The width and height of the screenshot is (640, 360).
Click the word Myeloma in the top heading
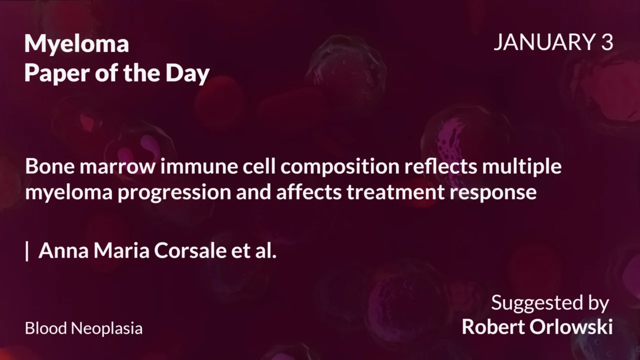pyautogui.click(x=76, y=44)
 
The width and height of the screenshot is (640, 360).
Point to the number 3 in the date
pyautogui.click(x=606, y=43)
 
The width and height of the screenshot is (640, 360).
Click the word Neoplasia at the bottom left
pyautogui.click(x=106, y=328)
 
